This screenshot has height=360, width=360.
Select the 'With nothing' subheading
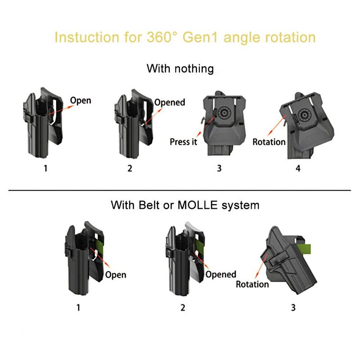(180, 69)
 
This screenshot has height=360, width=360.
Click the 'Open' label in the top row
(81, 100)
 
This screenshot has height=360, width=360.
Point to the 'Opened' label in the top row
(170, 102)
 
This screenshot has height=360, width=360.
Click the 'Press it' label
(184, 142)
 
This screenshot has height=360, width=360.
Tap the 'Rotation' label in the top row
(269, 142)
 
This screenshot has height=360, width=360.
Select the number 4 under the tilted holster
(298, 169)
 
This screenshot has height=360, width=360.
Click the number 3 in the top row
(219, 169)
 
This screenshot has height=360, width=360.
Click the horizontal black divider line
(180, 190)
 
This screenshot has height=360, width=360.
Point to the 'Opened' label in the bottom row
(220, 274)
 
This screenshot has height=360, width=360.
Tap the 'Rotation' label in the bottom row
(252, 284)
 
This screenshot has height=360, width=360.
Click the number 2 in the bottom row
(182, 308)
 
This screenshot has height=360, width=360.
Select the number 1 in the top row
(45, 169)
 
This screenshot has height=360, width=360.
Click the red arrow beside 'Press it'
(204, 128)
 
